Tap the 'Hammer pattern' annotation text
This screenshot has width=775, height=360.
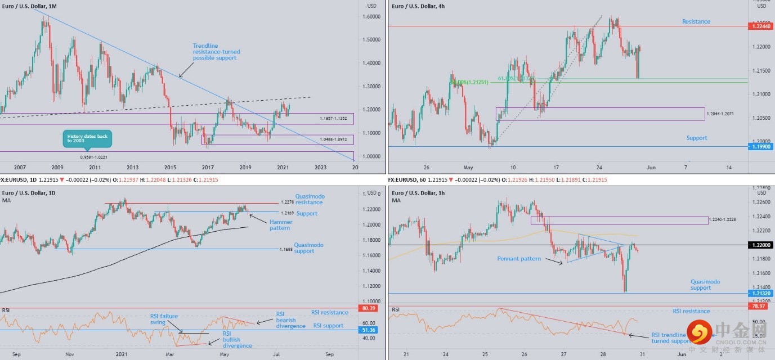[280, 225]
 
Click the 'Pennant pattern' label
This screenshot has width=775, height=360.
[518, 259]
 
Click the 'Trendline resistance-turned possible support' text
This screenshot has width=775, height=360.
[214, 52]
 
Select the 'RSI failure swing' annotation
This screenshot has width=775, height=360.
[164, 319]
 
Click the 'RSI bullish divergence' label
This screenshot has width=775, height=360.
[237, 340]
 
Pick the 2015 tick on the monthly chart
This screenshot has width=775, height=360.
[170, 167]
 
